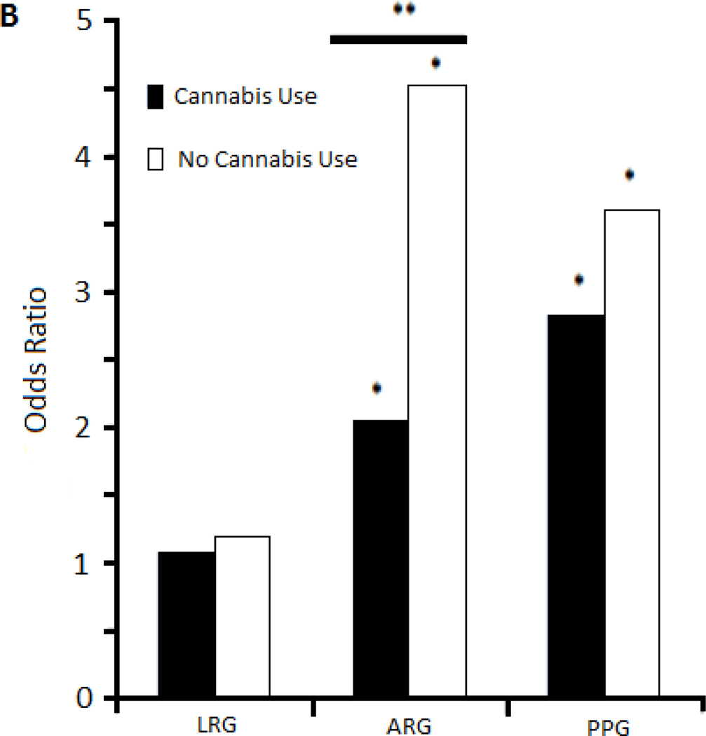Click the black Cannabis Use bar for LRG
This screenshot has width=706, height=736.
(x=186, y=625)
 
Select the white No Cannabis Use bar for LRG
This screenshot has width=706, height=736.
(x=242, y=617)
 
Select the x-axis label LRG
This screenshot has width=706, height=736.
(x=215, y=724)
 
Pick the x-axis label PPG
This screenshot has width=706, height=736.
(x=604, y=724)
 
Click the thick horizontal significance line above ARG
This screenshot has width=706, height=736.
(x=398, y=40)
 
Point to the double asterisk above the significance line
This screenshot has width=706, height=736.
(x=404, y=9)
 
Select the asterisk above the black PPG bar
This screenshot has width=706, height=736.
(x=578, y=280)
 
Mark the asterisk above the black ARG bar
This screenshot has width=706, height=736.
(x=377, y=388)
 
